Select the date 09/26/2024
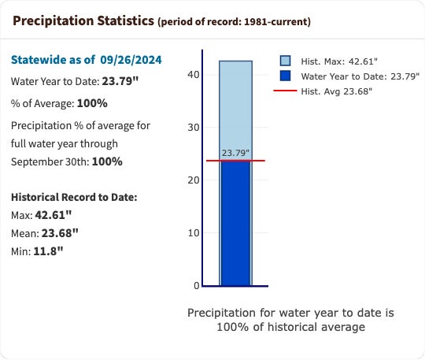131,59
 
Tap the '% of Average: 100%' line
60,103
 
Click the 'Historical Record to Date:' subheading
74,196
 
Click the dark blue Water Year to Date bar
235,225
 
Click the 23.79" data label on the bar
235,153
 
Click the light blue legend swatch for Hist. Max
285,61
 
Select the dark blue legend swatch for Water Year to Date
285,76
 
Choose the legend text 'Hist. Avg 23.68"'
337,91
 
